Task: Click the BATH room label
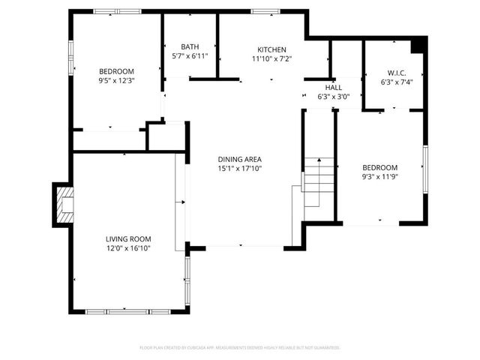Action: pos(190,47)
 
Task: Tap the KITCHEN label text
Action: pos(272,49)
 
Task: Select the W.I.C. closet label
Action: pos(392,74)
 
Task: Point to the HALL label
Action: pos(333,88)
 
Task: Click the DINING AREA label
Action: pos(240,159)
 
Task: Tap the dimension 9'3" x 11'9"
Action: pos(380,177)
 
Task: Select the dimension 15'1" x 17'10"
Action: pos(240,169)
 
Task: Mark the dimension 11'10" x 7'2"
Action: pos(272,58)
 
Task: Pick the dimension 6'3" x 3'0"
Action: pos(333,97)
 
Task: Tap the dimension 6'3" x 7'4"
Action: pos(392,83)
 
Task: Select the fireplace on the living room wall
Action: pos(64,205)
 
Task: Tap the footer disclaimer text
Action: pos(240,348)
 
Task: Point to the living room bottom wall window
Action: pos(118,310)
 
